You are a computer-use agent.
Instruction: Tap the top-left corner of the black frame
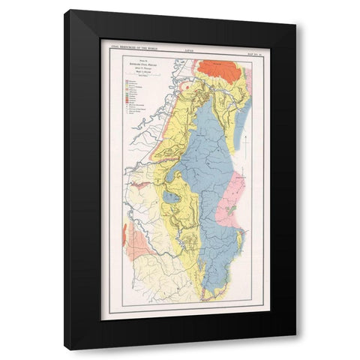point(64,10)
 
